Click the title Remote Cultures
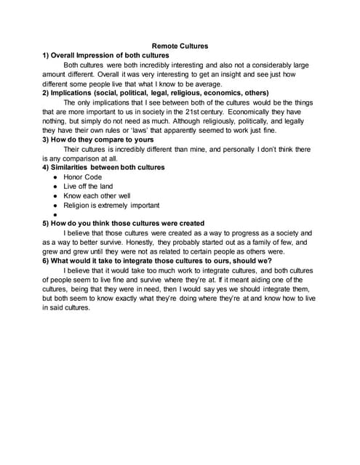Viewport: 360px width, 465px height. pos(179,46)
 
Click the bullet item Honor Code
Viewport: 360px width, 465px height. pos(84,177)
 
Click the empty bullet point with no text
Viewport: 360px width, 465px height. pos(56,214)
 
